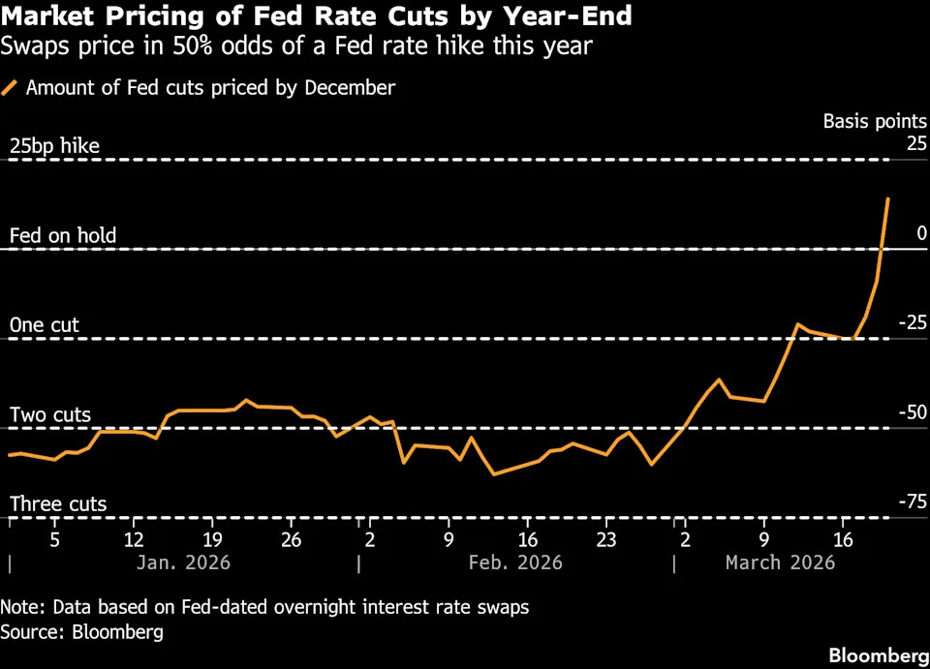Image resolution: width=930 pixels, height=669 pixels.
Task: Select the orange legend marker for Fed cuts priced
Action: coord(10,88)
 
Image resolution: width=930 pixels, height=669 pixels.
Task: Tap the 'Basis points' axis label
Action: coord(875,121)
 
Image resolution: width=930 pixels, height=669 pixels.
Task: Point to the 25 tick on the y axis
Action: coord(916,144)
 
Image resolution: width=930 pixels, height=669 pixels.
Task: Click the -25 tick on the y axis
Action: coord(912,322)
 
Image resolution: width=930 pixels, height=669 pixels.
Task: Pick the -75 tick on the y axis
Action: coord(912,502)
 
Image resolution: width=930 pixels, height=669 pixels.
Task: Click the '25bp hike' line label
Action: coord(54,146)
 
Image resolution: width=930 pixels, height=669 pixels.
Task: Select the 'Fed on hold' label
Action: coord(63,235)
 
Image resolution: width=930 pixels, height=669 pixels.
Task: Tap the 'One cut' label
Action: coord(45,325)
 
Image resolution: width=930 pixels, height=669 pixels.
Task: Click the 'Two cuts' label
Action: coord(50,415)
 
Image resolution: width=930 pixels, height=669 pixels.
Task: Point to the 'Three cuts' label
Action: coord(58,504)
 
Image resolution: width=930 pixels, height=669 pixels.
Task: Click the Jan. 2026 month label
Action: coord(184,563)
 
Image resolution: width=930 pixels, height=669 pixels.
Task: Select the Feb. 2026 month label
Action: coord(514,563)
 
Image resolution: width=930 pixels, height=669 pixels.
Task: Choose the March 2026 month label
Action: coord(780,563)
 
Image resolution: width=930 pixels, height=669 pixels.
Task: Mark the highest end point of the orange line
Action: coord(888,198)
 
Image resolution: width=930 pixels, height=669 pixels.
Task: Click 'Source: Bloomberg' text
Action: coord(81,632)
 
